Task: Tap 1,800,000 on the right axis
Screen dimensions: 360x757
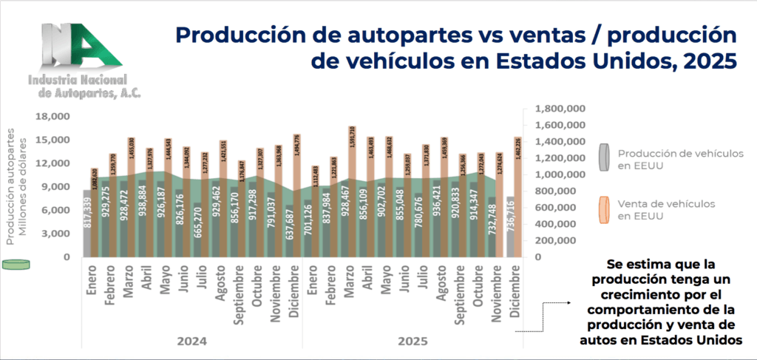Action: [554, 109]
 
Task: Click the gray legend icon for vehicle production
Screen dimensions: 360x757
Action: [603, 158]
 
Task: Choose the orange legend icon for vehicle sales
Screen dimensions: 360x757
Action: [603, 209]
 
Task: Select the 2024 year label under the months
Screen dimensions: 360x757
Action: [191, 342]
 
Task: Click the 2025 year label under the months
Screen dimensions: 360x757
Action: [410, 342]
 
